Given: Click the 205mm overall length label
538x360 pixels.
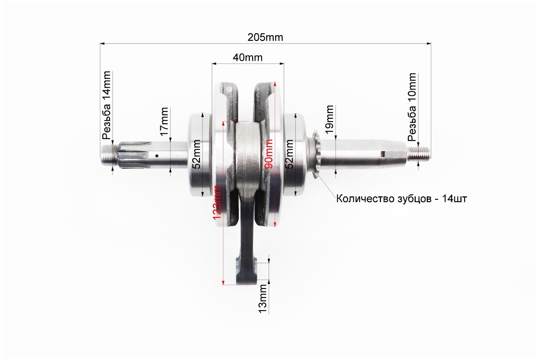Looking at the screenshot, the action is pyautogui.click(x=265, y=37).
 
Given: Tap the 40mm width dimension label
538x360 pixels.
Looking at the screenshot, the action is pyautogui.click(x=247, y=57).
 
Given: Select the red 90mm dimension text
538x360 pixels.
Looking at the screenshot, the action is pyautogui.click(x=269, y=154).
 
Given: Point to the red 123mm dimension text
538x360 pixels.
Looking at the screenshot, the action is pyautogui.click(x=217, y=202).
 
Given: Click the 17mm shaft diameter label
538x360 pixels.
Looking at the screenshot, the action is pyautogui.click(x=164, y=121).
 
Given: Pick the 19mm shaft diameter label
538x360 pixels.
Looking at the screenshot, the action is pyautogui.click(x=329, y=119).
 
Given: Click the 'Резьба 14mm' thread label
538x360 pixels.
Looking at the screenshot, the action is pyautogui.click(x=107, y=105).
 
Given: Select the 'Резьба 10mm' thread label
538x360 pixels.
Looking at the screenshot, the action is pyautogui.click(x=412, y=107).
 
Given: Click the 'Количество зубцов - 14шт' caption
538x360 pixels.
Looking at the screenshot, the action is pyautogui.click(x=402, y=198).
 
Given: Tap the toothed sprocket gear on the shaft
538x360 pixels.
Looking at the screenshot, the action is pyautogui.click(x=316, y=153).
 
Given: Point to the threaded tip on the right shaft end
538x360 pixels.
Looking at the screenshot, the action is pyautogui.click(x=419, y=153).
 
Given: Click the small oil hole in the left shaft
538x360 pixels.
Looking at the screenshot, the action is pyautogui.click(x=157, y=156).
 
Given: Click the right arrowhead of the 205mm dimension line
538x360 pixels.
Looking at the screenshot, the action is pyautogui.click(x=429, y=44).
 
